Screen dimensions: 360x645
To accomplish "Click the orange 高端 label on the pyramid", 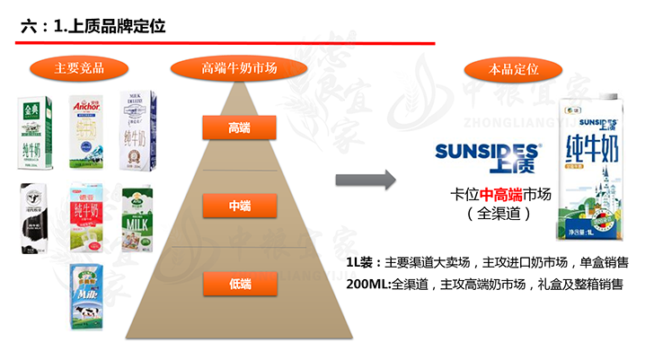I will click(239, 128).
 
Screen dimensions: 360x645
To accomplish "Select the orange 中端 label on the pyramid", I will click(239, 206).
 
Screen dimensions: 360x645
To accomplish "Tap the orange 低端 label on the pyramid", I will click(239, 284).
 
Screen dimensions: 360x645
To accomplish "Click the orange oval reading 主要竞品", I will click(79, 67).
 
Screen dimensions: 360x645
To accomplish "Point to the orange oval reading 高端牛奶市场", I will click(239, 67).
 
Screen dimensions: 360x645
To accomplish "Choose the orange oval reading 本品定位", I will click(513, 67).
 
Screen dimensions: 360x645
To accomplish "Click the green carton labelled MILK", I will click(139, 218).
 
